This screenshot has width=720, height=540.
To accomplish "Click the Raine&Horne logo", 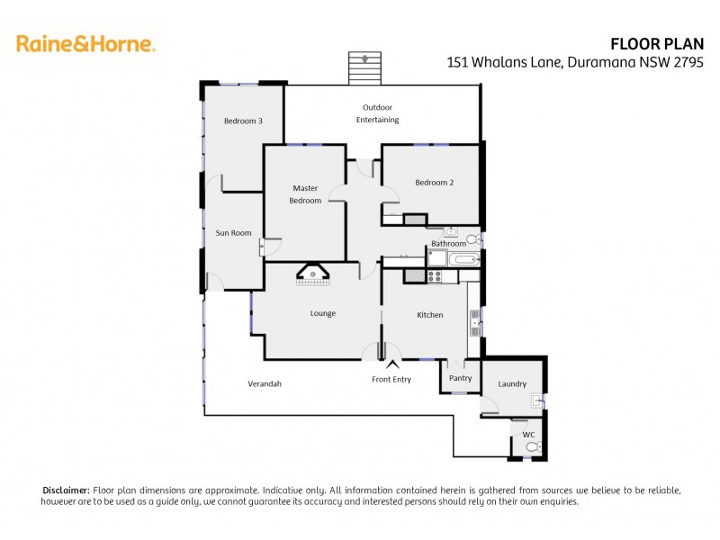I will coord(85,43).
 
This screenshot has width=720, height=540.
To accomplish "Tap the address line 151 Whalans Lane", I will coord(575,62).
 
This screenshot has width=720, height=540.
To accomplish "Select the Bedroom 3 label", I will coord(243,121).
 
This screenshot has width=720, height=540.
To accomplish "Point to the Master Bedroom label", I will coord(305,194).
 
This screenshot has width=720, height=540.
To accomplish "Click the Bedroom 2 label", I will coord(434,183).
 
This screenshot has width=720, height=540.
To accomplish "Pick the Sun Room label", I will coord(233,233).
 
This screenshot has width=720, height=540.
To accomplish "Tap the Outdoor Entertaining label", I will coord(377,113).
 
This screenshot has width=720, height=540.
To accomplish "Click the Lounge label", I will coord(323,314).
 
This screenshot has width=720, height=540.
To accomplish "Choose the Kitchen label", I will coord(430,314).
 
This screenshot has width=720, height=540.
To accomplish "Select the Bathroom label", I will coord(448,244).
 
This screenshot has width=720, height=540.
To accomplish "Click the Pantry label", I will coord(460,378).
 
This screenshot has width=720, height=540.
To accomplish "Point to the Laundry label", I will coord(512,384).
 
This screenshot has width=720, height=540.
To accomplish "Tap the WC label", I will coord(528,435).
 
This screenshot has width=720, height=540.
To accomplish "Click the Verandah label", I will coord(265,384).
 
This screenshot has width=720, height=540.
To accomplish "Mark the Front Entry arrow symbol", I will coord(391,364).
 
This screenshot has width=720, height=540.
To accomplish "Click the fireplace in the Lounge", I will coord(312,275).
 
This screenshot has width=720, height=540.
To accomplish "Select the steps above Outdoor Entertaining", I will coord(364,68).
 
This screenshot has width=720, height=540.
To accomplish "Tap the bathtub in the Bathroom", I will coord(464,261).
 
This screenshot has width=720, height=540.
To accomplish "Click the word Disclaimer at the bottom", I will coord(66,490).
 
